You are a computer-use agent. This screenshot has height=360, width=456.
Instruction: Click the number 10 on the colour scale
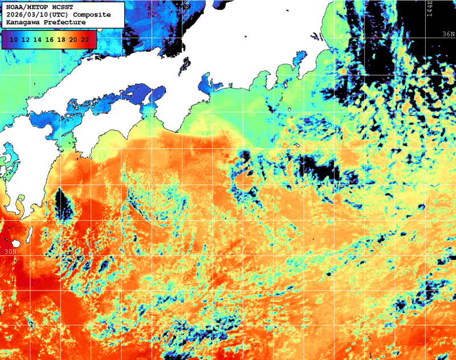coord(14,39)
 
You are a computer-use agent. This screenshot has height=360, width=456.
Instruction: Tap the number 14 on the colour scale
coord(37,39)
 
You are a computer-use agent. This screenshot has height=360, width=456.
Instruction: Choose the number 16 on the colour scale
coord(49,39)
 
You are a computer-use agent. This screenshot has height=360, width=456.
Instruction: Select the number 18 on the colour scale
coord(61,39)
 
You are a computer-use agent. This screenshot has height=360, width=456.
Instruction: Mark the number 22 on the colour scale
coord(84,39)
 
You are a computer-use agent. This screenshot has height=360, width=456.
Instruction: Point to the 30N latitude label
coord(10,251)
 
